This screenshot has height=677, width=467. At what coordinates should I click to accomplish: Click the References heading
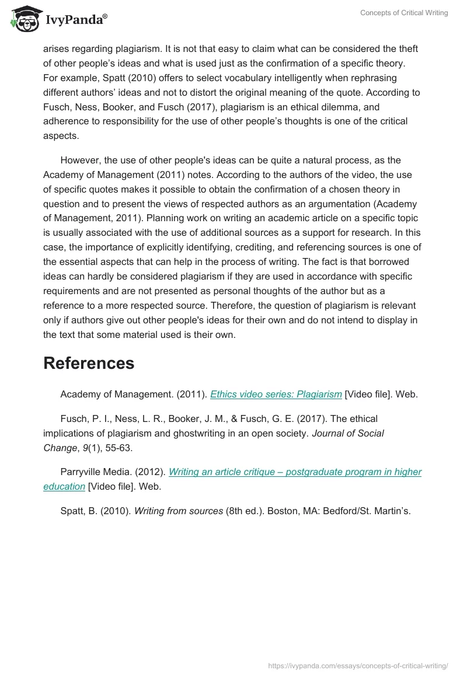(x=89, y=363)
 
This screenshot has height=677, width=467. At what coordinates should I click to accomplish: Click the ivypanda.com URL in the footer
(x=358, y=665)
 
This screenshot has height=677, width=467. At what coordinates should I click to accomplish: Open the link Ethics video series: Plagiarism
(x=276, y=394)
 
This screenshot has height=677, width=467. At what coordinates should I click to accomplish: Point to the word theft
(x=406, y=48)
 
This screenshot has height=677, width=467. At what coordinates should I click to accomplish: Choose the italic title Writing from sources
(x=179, y=511)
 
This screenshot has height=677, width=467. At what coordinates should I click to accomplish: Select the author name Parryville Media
(x=96, y=472)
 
